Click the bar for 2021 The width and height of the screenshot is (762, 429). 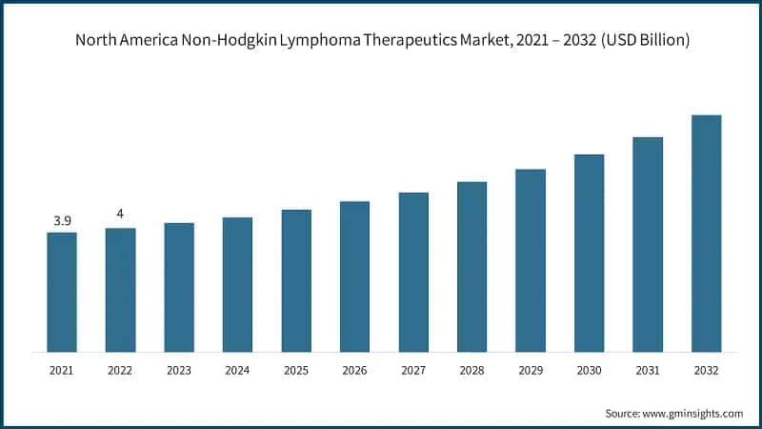pos(62,292)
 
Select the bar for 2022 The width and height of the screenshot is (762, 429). pos(120,290)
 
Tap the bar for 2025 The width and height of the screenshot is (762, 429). pos(296,280)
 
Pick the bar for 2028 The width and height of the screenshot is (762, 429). pos(471,266)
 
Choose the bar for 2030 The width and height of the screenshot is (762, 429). pos(589,253)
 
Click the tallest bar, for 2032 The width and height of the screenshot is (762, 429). pos(706,233)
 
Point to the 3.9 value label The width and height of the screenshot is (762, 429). pos(62,221)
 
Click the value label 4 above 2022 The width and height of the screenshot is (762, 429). pos(120,214)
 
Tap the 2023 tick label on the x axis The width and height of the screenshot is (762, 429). pos(179,369)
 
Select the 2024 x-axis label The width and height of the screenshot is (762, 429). pos(237,369)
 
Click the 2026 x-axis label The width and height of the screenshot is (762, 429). pos(354,369)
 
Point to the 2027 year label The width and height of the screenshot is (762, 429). pos(413,369)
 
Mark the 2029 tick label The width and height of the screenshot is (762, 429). pos(531,369)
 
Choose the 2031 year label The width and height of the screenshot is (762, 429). pos(648,369)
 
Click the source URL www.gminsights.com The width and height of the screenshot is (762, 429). pos(694,413)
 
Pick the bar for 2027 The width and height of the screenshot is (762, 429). pos(413,272)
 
